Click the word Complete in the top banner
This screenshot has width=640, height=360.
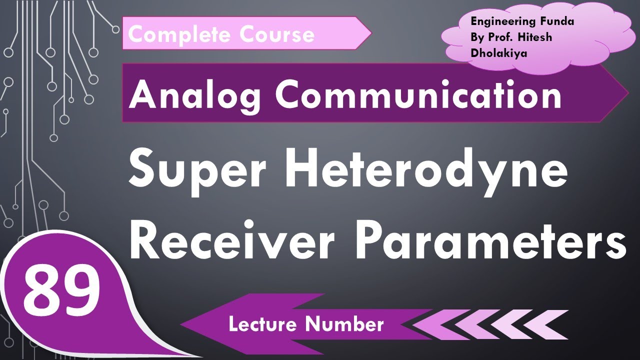[179, 34]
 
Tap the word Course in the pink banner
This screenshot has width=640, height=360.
[277, 34]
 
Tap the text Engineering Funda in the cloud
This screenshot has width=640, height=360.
[522, 21]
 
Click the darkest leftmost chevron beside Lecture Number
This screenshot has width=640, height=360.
[430, 324]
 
